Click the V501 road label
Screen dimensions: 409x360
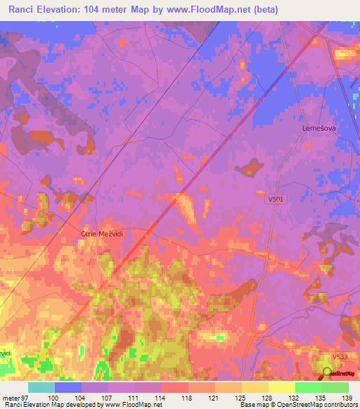276,200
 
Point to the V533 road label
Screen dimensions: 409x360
340,357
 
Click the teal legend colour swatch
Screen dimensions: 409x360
41,387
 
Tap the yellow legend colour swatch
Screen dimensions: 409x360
282,387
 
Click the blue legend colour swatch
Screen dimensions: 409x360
68,387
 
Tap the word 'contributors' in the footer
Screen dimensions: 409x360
337,405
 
